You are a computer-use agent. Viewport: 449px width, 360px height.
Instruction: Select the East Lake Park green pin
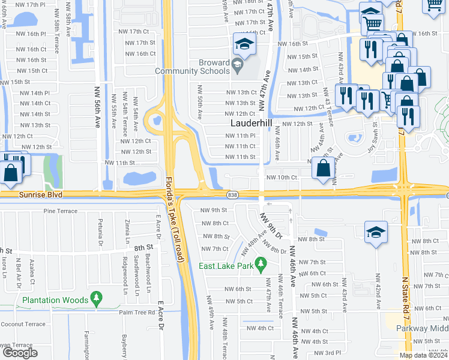(261, 263)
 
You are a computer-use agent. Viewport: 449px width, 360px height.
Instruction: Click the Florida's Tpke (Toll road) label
(175, 218)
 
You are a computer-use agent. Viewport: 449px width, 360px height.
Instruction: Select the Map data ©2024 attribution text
(424, 355)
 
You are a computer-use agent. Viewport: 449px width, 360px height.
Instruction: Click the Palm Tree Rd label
(137, 312)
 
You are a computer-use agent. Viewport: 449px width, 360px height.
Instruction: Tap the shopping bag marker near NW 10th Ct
(324, 170)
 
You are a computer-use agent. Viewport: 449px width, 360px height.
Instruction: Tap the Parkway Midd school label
(423, 328)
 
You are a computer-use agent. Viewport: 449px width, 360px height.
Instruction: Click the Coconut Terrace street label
(23, 324)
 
